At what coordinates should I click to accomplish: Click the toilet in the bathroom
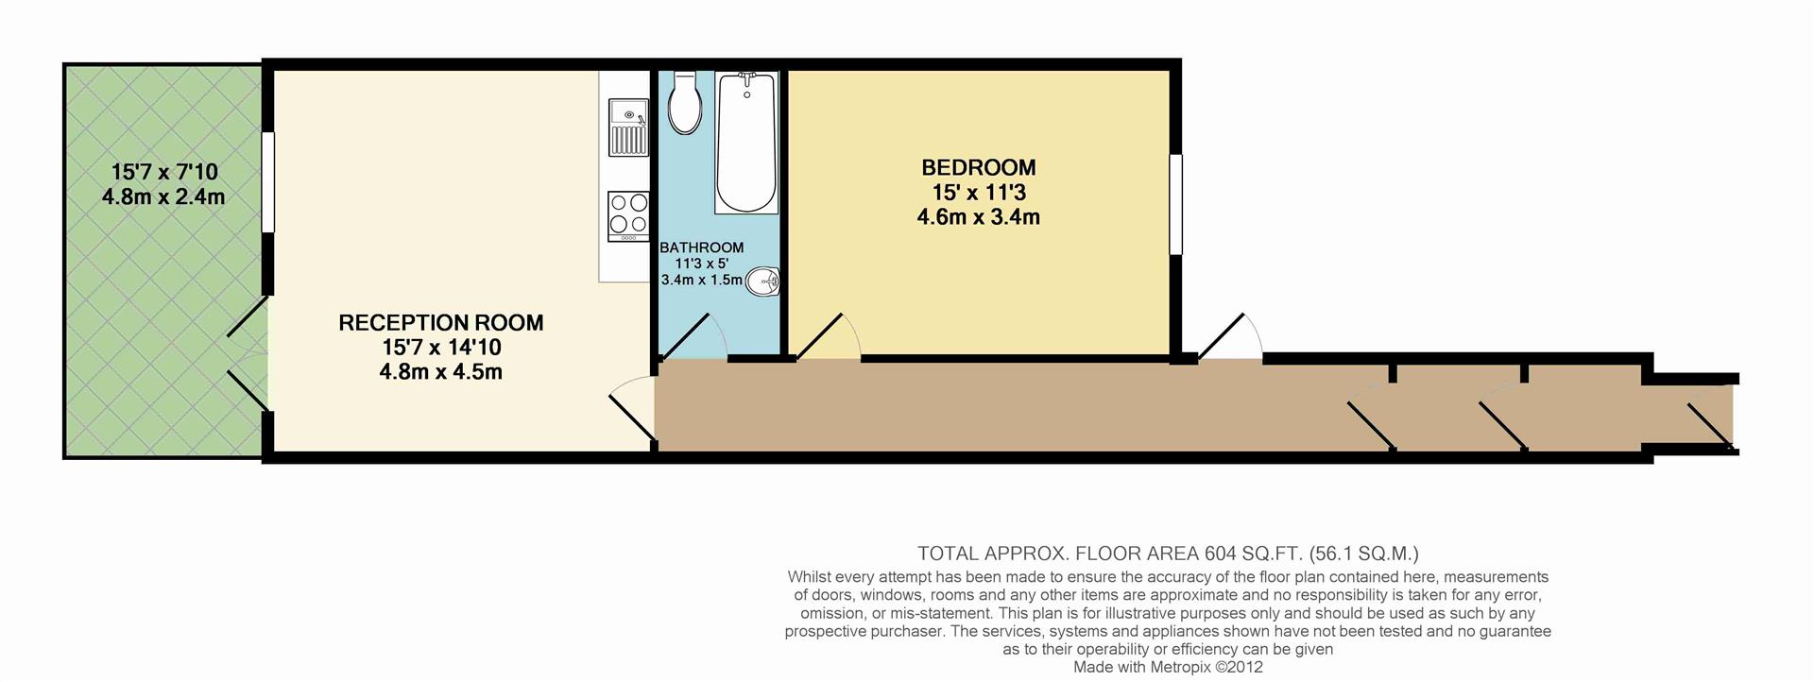pyautogui.click(x=684, y=104)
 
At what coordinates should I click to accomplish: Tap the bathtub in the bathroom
pyautogui.click(x=746, y=142)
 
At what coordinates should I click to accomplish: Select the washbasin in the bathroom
pyautogui.click(x=762, y=281)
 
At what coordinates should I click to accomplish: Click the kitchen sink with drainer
pyautogui.click(x=627, y=128)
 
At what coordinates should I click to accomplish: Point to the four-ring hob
pyautogui.click(x=628, y=214)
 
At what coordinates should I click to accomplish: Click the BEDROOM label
pyautogui.click(x=979, y=168)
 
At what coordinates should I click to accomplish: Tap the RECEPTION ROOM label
pyautogui.click(x=440, y=323)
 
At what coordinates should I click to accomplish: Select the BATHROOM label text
pyautogui.click(x=701, y=247)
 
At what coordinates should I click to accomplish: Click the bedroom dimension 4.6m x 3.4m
pyautogui.click(x=978, y=217)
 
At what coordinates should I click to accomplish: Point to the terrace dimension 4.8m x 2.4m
pyautogui.click(x=163, y=197)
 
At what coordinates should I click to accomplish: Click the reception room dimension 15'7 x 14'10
pyautogui.click(x=440, y=348)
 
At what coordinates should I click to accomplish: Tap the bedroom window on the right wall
pyautogui.click(x=1175, y=204)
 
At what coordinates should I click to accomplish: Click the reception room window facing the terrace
pyautogui.click(x=268, y=182)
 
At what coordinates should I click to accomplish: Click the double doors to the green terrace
pyautogui.click(x=248, y=356)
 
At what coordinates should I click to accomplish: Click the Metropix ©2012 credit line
pyautogui.click(x=1168, y=667)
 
